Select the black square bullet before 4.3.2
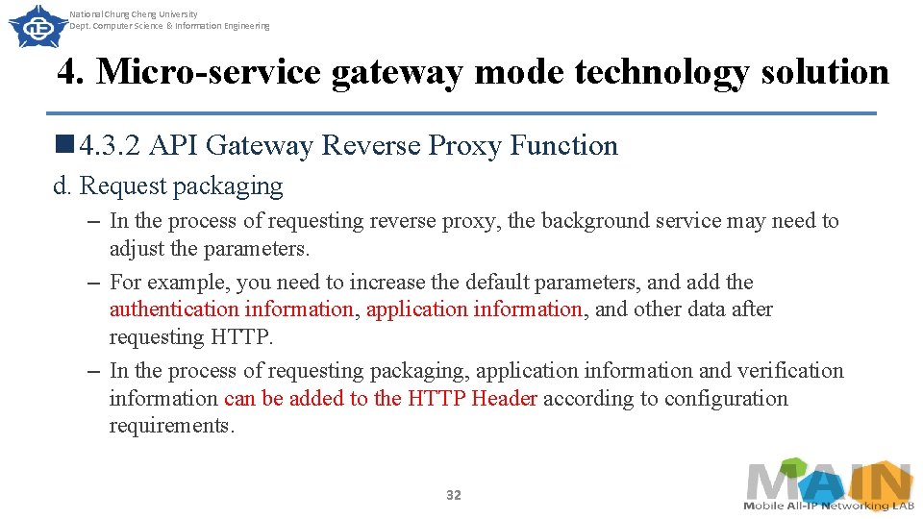tap(65, 145)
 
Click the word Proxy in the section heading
tap(465, 146)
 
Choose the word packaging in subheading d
tap(239, 185)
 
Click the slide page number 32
tap(454, 495)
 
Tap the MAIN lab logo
tap(829, 484)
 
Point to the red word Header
tap(504, 399)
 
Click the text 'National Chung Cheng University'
tap(134, 14)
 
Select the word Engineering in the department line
tap(248, 26)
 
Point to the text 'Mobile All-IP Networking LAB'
tap(828, 506)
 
